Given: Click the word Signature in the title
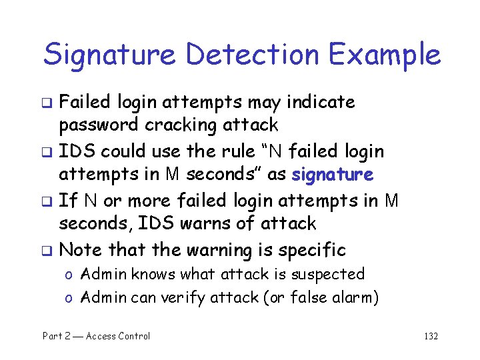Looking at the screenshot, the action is (111, 55).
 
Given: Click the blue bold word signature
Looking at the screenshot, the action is (332, 175).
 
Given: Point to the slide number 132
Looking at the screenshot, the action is (431, 336).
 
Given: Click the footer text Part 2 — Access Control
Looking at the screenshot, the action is (97, 336).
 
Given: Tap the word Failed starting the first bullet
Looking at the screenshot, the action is (86, 102).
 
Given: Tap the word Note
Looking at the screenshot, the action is (81, 250).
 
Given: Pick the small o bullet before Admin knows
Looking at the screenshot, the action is (68, 275).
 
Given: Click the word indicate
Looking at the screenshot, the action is (321, 102).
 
